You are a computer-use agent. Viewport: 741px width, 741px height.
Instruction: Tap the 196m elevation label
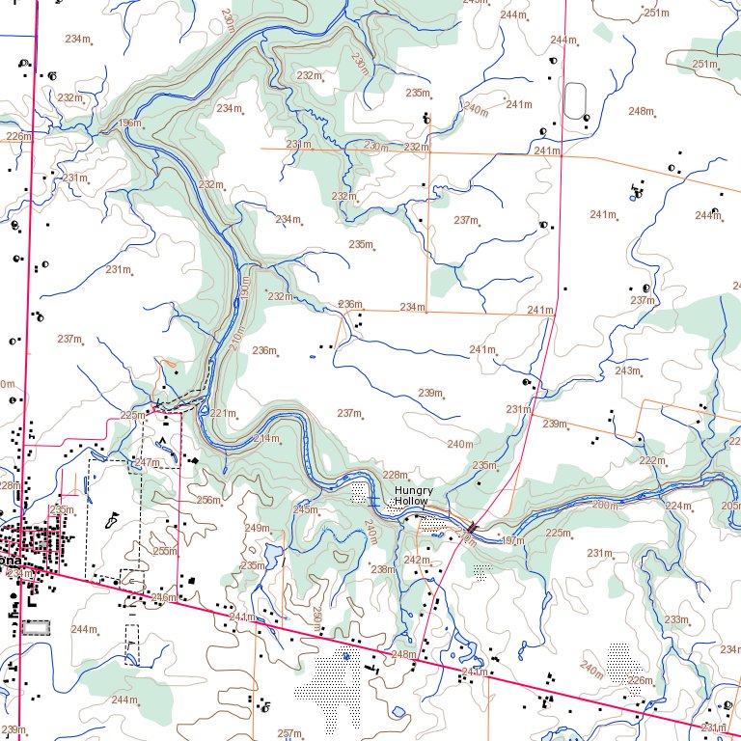[x=129, y=123]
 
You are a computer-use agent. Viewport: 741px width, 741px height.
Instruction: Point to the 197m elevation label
[x=513, y=541]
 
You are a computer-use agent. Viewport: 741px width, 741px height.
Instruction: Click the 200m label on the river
[x=605, y=505]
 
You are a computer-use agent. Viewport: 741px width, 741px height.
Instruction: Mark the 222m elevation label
[x=652, y=460]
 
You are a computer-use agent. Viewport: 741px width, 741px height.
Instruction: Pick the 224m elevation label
[x=678, y=506]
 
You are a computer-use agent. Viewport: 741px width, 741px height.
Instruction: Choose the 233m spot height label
[x=676, y=619]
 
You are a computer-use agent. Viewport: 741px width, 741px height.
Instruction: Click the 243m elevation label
[x=627, y=370]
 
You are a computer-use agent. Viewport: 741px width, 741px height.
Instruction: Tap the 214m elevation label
[x=265, y=439]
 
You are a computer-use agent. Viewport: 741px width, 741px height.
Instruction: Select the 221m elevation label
[x=223, y=413]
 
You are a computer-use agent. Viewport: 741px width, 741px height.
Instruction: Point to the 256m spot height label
[x=207, y=500]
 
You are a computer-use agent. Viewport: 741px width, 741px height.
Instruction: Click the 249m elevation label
[x=257, y=528]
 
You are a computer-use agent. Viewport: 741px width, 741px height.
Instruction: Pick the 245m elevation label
[x=305, y=509]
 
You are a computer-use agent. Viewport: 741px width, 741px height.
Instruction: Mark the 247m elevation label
[x=147, y=463]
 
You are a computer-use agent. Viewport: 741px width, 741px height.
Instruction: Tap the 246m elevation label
[x=163, y=597]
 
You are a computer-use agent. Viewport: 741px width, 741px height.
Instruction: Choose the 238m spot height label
[x=383, y=569]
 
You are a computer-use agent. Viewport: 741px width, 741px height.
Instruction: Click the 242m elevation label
[x=416, y=560]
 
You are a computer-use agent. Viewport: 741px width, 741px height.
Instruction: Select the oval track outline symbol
[x=576, y=100]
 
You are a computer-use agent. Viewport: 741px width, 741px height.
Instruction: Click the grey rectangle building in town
[x=36, y=627]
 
